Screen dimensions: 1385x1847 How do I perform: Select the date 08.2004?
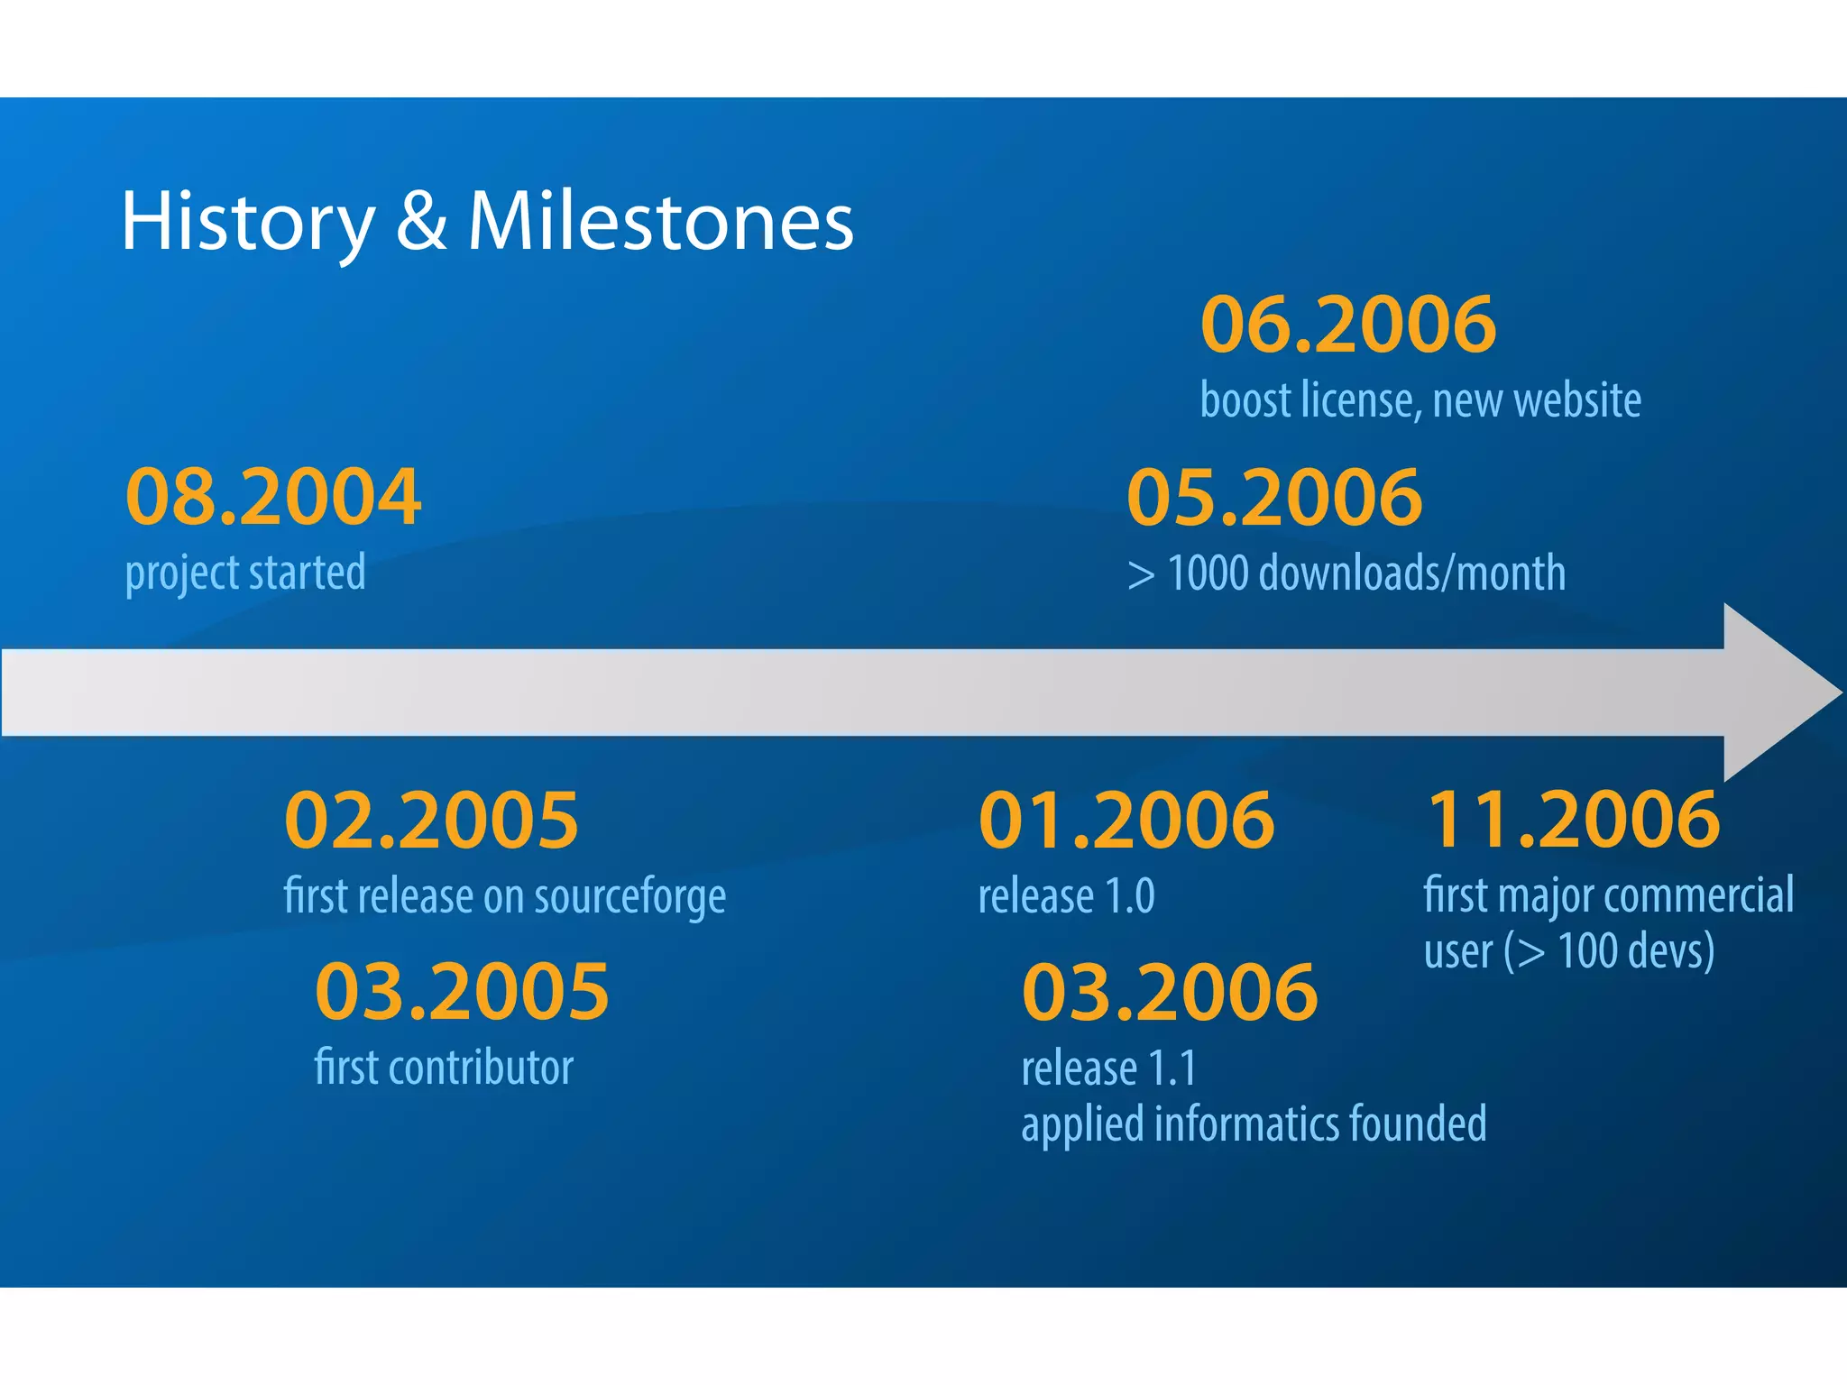tap(273, 497)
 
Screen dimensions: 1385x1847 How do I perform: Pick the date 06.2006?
tap(1348, 325)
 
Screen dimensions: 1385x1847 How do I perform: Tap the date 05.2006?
tap(1274, 498)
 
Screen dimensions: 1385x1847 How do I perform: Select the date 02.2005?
tap(431, 821)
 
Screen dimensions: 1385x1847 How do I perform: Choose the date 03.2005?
tap(462, 992)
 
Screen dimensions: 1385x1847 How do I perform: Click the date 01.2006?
tap(1126, 821)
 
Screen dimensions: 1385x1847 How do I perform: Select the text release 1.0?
tap(1066, 896)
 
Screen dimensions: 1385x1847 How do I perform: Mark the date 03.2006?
tap(1170, 992)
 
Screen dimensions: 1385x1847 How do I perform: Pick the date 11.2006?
tap(1573, 820)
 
